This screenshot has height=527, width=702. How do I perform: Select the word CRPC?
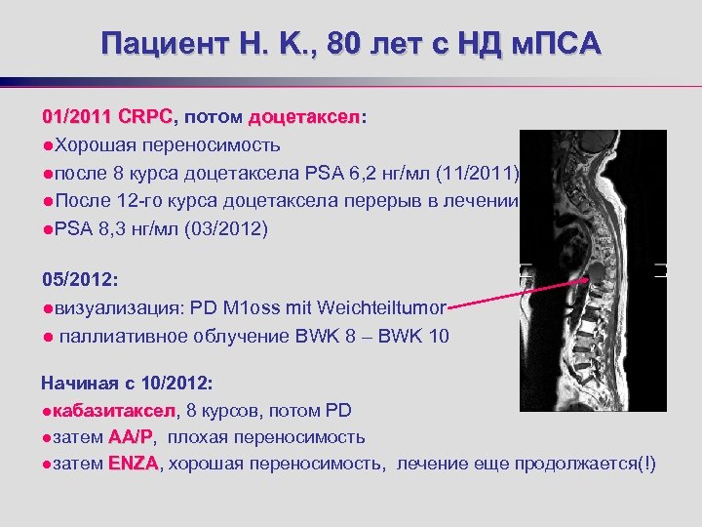pyautogui.click(x=144, y=117)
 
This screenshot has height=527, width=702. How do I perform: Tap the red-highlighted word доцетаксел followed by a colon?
pyautogui.click(x=304, y=117)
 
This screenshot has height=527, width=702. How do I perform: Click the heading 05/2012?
pyautogui.click(x=80, y=280)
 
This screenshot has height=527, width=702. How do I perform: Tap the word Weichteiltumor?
pyautogui.click(x=389, y=308)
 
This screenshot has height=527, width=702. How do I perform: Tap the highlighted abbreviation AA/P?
pyautogui.click(x=131, y=436)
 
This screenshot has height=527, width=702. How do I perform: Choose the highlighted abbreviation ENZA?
pyautogui.click(x=134, y=464)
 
